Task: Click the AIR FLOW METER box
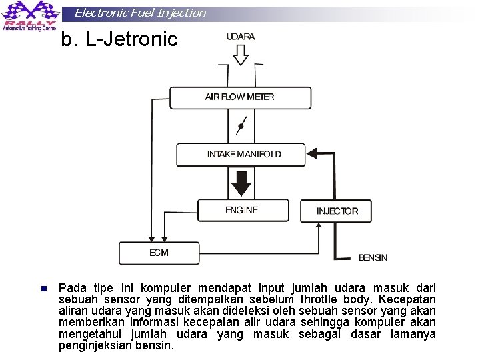[x=240, y=97]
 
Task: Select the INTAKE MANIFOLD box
[x=240, y=155]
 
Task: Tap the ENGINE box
[x=241, y=211]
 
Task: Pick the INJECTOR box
[x=337, y=211]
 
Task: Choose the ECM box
[x=159, y=253]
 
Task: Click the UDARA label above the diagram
[x=241, y=37]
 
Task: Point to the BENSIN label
[x=373, y=257]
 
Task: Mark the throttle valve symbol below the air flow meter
[x=241, y=125]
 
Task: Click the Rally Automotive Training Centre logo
[x=31, y=17]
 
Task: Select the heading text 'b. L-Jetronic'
[x=119, y=40]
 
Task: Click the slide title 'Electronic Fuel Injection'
[x=140, y=13]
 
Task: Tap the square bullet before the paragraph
[x=43, y=289]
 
